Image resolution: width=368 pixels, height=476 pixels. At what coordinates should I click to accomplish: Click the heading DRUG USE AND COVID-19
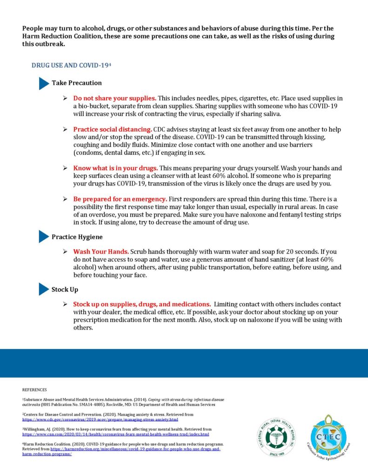(71, 65)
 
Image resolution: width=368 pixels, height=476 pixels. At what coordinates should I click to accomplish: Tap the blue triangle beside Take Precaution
(43, 83)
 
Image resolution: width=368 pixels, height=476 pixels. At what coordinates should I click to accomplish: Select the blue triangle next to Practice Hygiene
(43, 237)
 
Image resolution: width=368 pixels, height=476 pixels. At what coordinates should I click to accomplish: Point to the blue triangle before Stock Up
(43, 290)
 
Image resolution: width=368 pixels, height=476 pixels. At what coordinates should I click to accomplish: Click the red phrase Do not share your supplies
(114, 99)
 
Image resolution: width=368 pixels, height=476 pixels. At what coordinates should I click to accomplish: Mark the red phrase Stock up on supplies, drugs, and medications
(141, 304)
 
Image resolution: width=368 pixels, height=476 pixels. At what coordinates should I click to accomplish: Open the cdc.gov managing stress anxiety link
(100, 419)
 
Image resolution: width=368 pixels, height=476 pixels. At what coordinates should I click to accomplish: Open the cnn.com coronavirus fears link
(116, 434)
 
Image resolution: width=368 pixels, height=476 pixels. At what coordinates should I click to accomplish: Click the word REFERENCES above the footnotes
(34, 390)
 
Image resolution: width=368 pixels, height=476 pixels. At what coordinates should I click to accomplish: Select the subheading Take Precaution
(77, 83)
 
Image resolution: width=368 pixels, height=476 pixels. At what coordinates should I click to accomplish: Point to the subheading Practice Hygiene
(77, 237)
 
